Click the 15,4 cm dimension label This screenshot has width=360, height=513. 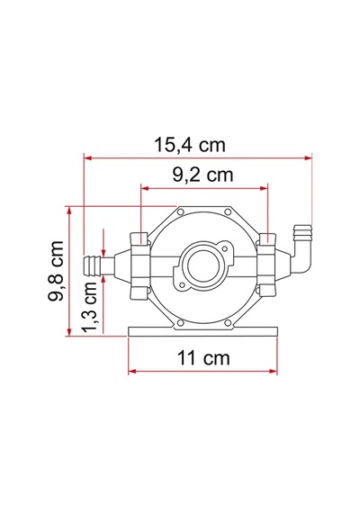click(190, 145)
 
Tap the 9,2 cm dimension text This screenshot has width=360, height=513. click(202, 175)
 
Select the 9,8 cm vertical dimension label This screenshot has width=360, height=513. click(55, 271)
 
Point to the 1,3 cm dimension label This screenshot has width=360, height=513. click(89, 306)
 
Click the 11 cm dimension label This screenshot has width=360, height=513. click(203, 357)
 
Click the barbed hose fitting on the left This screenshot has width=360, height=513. click(99, 263)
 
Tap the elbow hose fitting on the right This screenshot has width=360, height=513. click(301, 247)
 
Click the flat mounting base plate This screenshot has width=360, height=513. click(202, 331)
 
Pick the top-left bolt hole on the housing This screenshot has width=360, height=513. click(180, 212)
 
